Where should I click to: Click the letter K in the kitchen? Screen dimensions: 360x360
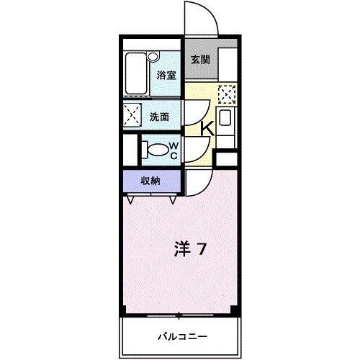(206, 128)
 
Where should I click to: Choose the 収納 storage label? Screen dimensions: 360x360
(150, 181)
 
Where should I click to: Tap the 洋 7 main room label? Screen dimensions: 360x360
(191, 250)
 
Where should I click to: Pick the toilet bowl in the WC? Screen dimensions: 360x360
(156, 150)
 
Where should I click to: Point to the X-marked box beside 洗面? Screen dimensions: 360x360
(132, 114)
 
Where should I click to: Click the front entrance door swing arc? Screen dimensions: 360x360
(198, 16)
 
